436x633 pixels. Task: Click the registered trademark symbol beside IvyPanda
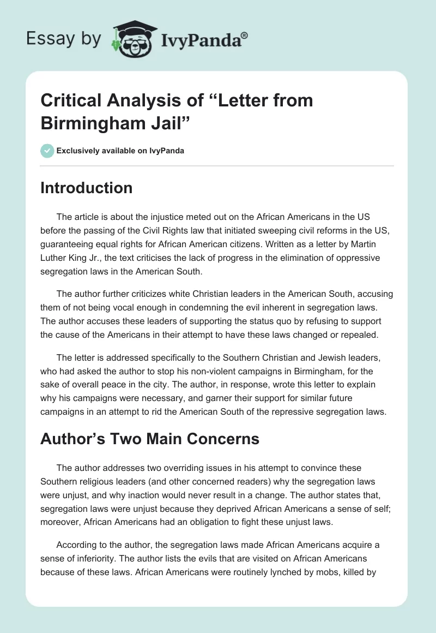click(x=245, y=36)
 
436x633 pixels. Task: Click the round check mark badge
click(x=47, y=151)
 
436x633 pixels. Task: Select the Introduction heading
click(x=87, y=188)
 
